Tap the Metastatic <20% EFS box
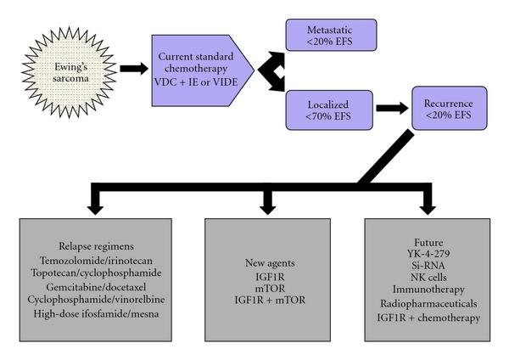click(332, 34)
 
